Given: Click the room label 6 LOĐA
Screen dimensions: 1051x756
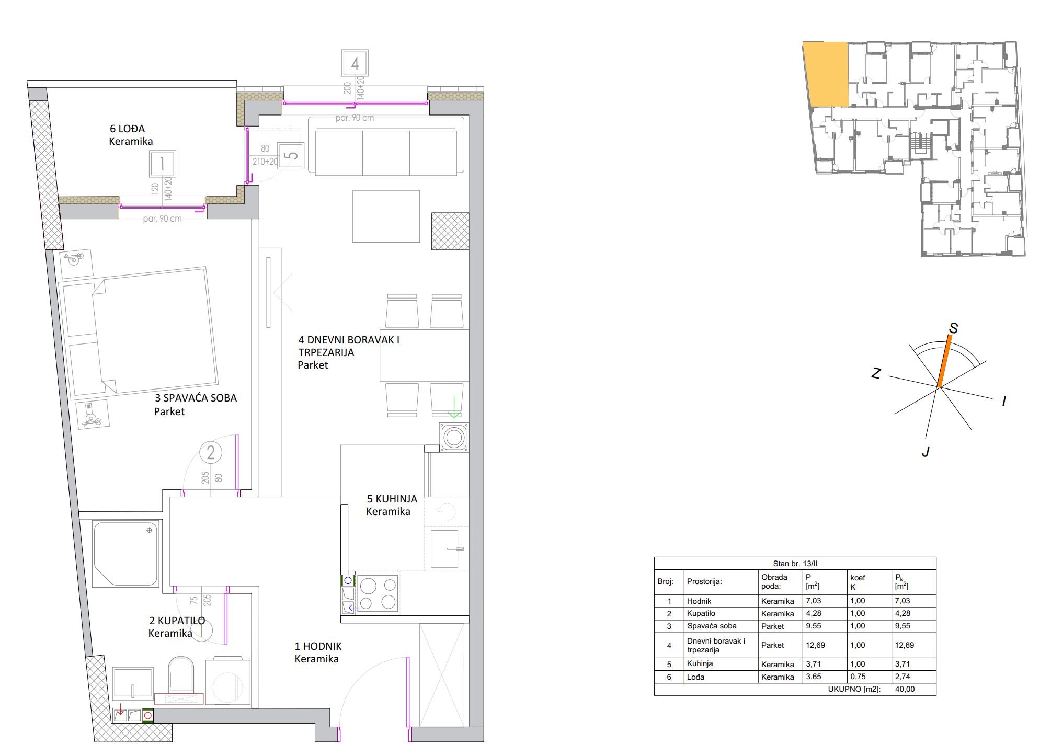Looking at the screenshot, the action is coord(127,129).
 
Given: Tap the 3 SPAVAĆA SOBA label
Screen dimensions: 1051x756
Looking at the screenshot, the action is coord(196,398).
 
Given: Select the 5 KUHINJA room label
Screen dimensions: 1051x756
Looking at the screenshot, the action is coord(392,499).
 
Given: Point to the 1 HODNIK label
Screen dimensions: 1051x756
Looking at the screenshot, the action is coord(318,646).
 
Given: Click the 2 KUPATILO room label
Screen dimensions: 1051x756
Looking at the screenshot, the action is coord(177,621).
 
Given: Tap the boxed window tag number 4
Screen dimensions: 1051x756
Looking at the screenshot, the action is coord(355,63).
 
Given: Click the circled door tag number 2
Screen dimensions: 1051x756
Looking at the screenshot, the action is coord(211,452).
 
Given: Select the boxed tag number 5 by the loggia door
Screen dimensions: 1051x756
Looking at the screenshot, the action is coord(291,155).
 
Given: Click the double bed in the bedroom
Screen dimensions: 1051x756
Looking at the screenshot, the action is coord(140,331).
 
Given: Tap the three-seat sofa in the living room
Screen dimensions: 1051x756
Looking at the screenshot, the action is coord(386,146).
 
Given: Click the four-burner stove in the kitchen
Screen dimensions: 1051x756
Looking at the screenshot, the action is coord(378,593).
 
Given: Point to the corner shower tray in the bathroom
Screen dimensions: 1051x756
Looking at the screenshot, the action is coord(126,553).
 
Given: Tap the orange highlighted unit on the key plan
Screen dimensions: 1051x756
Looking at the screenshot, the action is coord(826,74).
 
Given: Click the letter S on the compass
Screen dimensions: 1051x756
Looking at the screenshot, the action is coord(954,328).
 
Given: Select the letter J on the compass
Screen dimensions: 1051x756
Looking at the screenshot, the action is coord(926,452).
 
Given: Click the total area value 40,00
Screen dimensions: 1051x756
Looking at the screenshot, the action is coord(905,689).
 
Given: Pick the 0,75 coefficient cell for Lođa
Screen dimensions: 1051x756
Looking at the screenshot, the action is coord(858,677).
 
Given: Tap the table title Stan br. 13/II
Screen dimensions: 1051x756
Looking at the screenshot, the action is coord(795,564).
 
